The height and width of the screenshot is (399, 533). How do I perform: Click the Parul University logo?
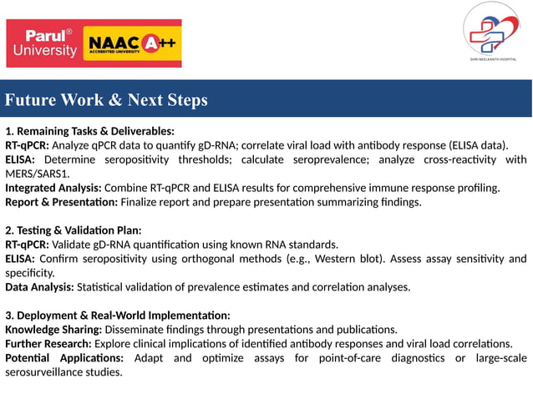[x=43, y=43]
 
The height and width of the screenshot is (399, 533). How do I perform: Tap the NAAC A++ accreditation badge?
[x=133, y=43]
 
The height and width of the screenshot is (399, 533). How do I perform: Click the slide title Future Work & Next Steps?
[x=106, y=100]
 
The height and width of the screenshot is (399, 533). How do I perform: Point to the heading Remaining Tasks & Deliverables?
[x=89, y=131]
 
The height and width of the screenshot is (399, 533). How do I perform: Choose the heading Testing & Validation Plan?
[x=74, y=230]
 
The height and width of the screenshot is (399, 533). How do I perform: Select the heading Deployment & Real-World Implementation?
[x=118, y=316]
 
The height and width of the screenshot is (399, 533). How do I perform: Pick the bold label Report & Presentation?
[x=61, y=202]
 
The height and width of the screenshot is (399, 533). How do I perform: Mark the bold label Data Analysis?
[x=39, y=287]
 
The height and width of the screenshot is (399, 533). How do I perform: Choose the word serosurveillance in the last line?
[x=43, y=372]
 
